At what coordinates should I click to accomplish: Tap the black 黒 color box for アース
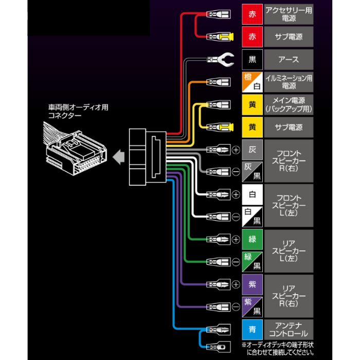pos(252,59)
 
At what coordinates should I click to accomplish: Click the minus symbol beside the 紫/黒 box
pos(236,307)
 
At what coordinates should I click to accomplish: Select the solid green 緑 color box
pos(252,239)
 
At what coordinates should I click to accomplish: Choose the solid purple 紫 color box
pos(252,284)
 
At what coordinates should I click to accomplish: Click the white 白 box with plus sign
pos(252,194)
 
